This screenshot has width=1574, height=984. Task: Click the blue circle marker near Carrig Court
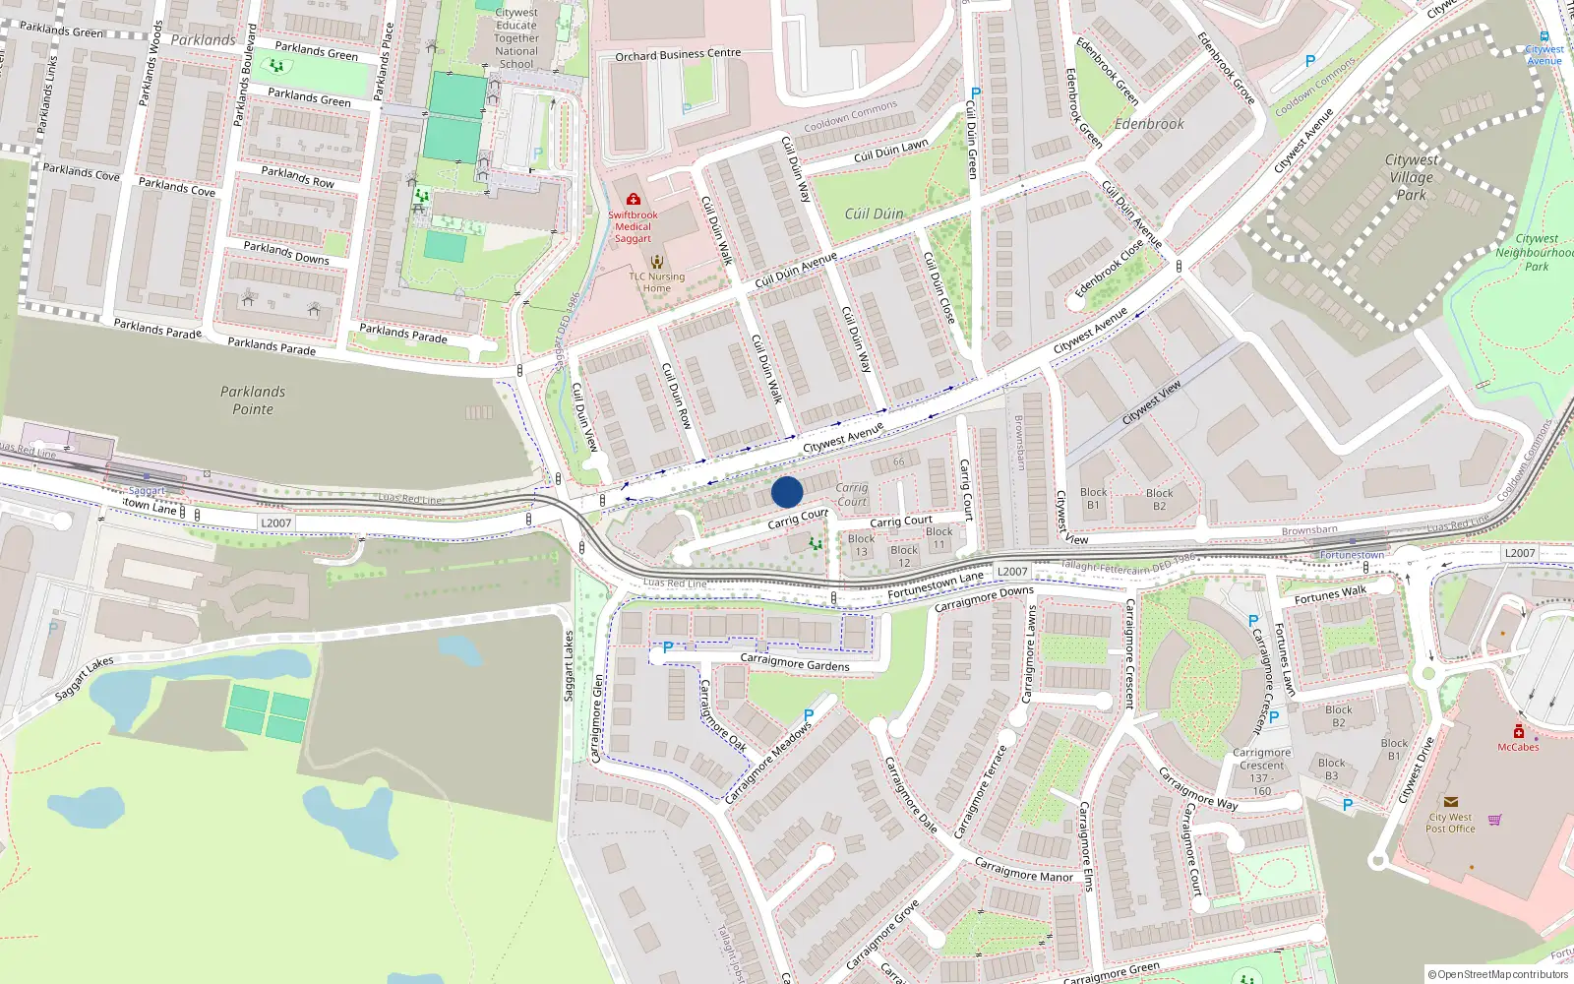(x=787, y=492)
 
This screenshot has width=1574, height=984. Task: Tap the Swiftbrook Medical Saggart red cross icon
(x=634, y=200)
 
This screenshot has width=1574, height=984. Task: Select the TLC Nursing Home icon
(x=656, y=262)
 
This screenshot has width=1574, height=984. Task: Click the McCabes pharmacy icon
(x=1519, y=732)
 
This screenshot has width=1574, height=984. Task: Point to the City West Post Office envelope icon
(x=1450, y=802)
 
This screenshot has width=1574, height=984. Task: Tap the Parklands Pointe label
(x=253, y=400)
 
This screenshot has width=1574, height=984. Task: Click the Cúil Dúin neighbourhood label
(x=874, y=214)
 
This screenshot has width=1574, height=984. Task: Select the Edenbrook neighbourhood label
(x=1149, y=124)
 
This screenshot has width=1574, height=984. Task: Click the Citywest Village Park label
(x=1411, y=177)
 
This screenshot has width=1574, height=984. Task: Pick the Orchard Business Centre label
(x=678, y=55)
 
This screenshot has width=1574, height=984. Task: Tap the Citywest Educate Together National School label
(x=516, y=38)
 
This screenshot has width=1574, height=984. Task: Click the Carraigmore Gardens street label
(x=795, y=662)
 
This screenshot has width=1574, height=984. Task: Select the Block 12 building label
(x=904, y=557)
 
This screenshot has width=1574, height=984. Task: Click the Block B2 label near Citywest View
(x=1159, y=500)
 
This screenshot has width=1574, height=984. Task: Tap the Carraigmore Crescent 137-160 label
(x=1262, y=771)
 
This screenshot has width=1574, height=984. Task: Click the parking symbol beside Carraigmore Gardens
(x=668, y=647)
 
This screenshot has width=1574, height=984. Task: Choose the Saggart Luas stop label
(x=147, y=491)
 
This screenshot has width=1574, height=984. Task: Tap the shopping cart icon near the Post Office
(x=1495, y=819)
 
